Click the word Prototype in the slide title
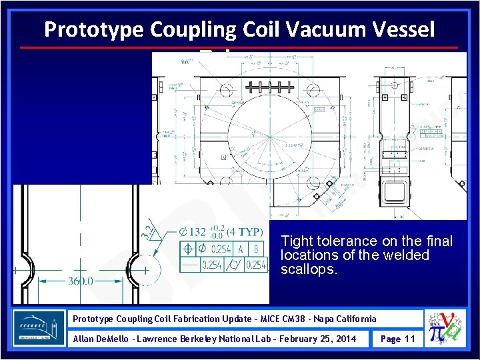point(94,29)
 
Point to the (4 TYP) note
point(244,233)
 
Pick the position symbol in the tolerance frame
point(189,249)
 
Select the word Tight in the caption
point(295,241)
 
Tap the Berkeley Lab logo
point(39,327)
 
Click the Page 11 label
point(397,339)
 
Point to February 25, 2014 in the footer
point(318,339)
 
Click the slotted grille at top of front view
point(266,87)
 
